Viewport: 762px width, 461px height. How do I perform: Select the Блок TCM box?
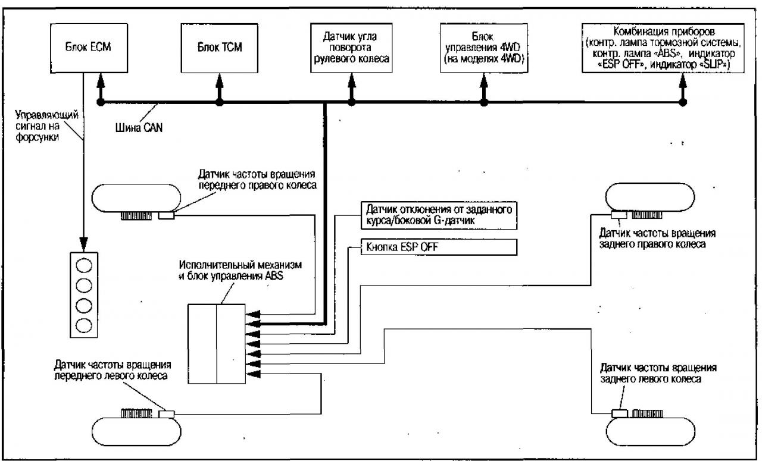pos(220,46)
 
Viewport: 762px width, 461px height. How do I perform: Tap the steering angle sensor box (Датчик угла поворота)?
pos(351,46)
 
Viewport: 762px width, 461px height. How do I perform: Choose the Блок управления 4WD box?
pos(483,46)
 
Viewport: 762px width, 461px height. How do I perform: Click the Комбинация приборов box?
pos(665,46)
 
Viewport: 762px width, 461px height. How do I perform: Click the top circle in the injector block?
pos(85,264)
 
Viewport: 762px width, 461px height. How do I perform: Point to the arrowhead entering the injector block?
pos(84,247)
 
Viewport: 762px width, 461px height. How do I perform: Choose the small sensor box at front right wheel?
pos(165,216)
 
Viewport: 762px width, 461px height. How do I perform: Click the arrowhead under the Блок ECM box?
pos(102,78)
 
